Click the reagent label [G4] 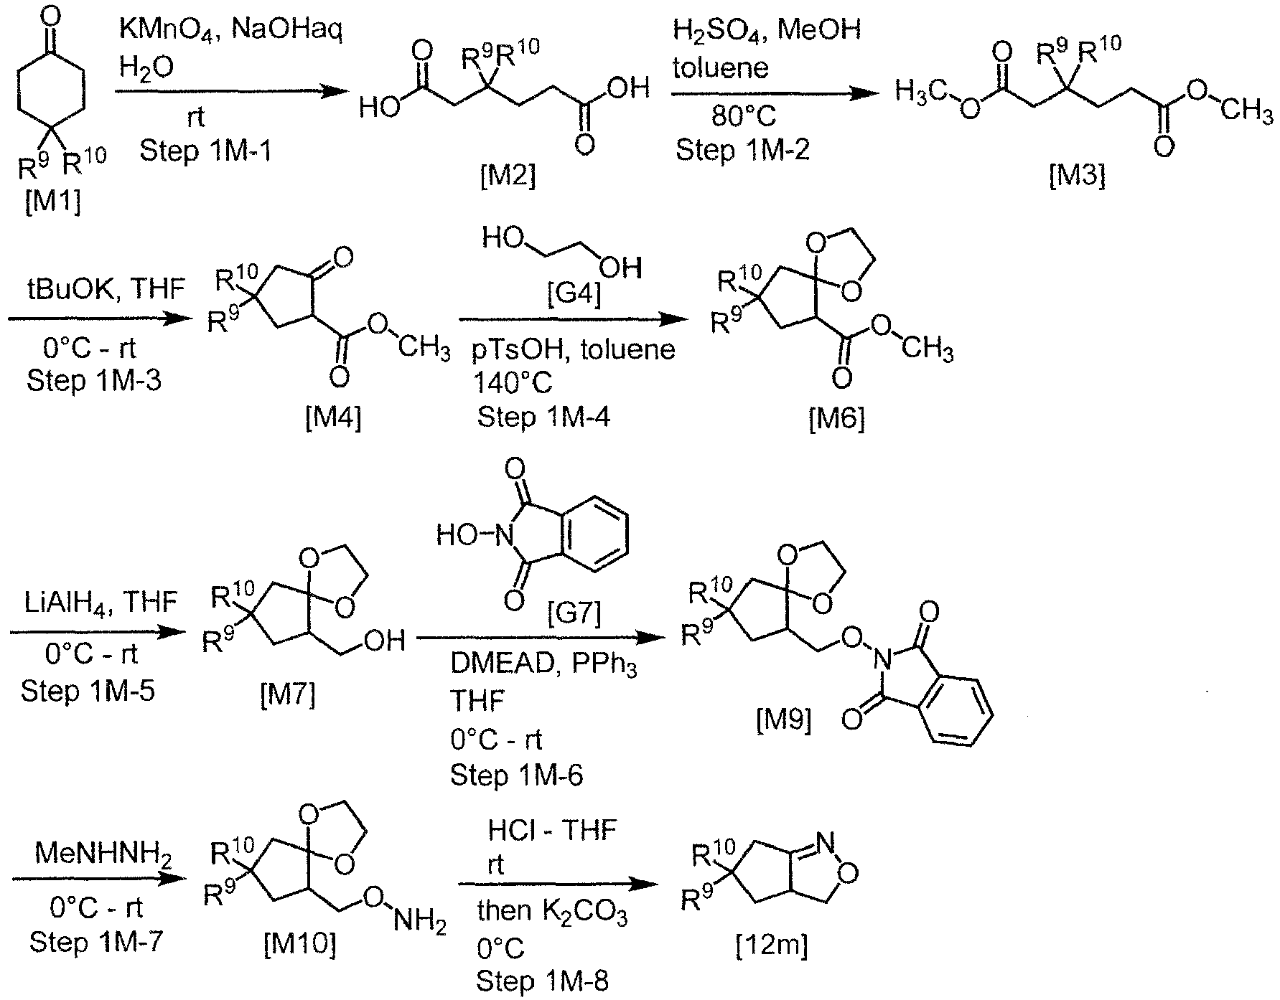pos(572,294)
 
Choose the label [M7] pos(288,694)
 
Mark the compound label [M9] pos(784,720)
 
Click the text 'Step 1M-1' pos(206,151)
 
